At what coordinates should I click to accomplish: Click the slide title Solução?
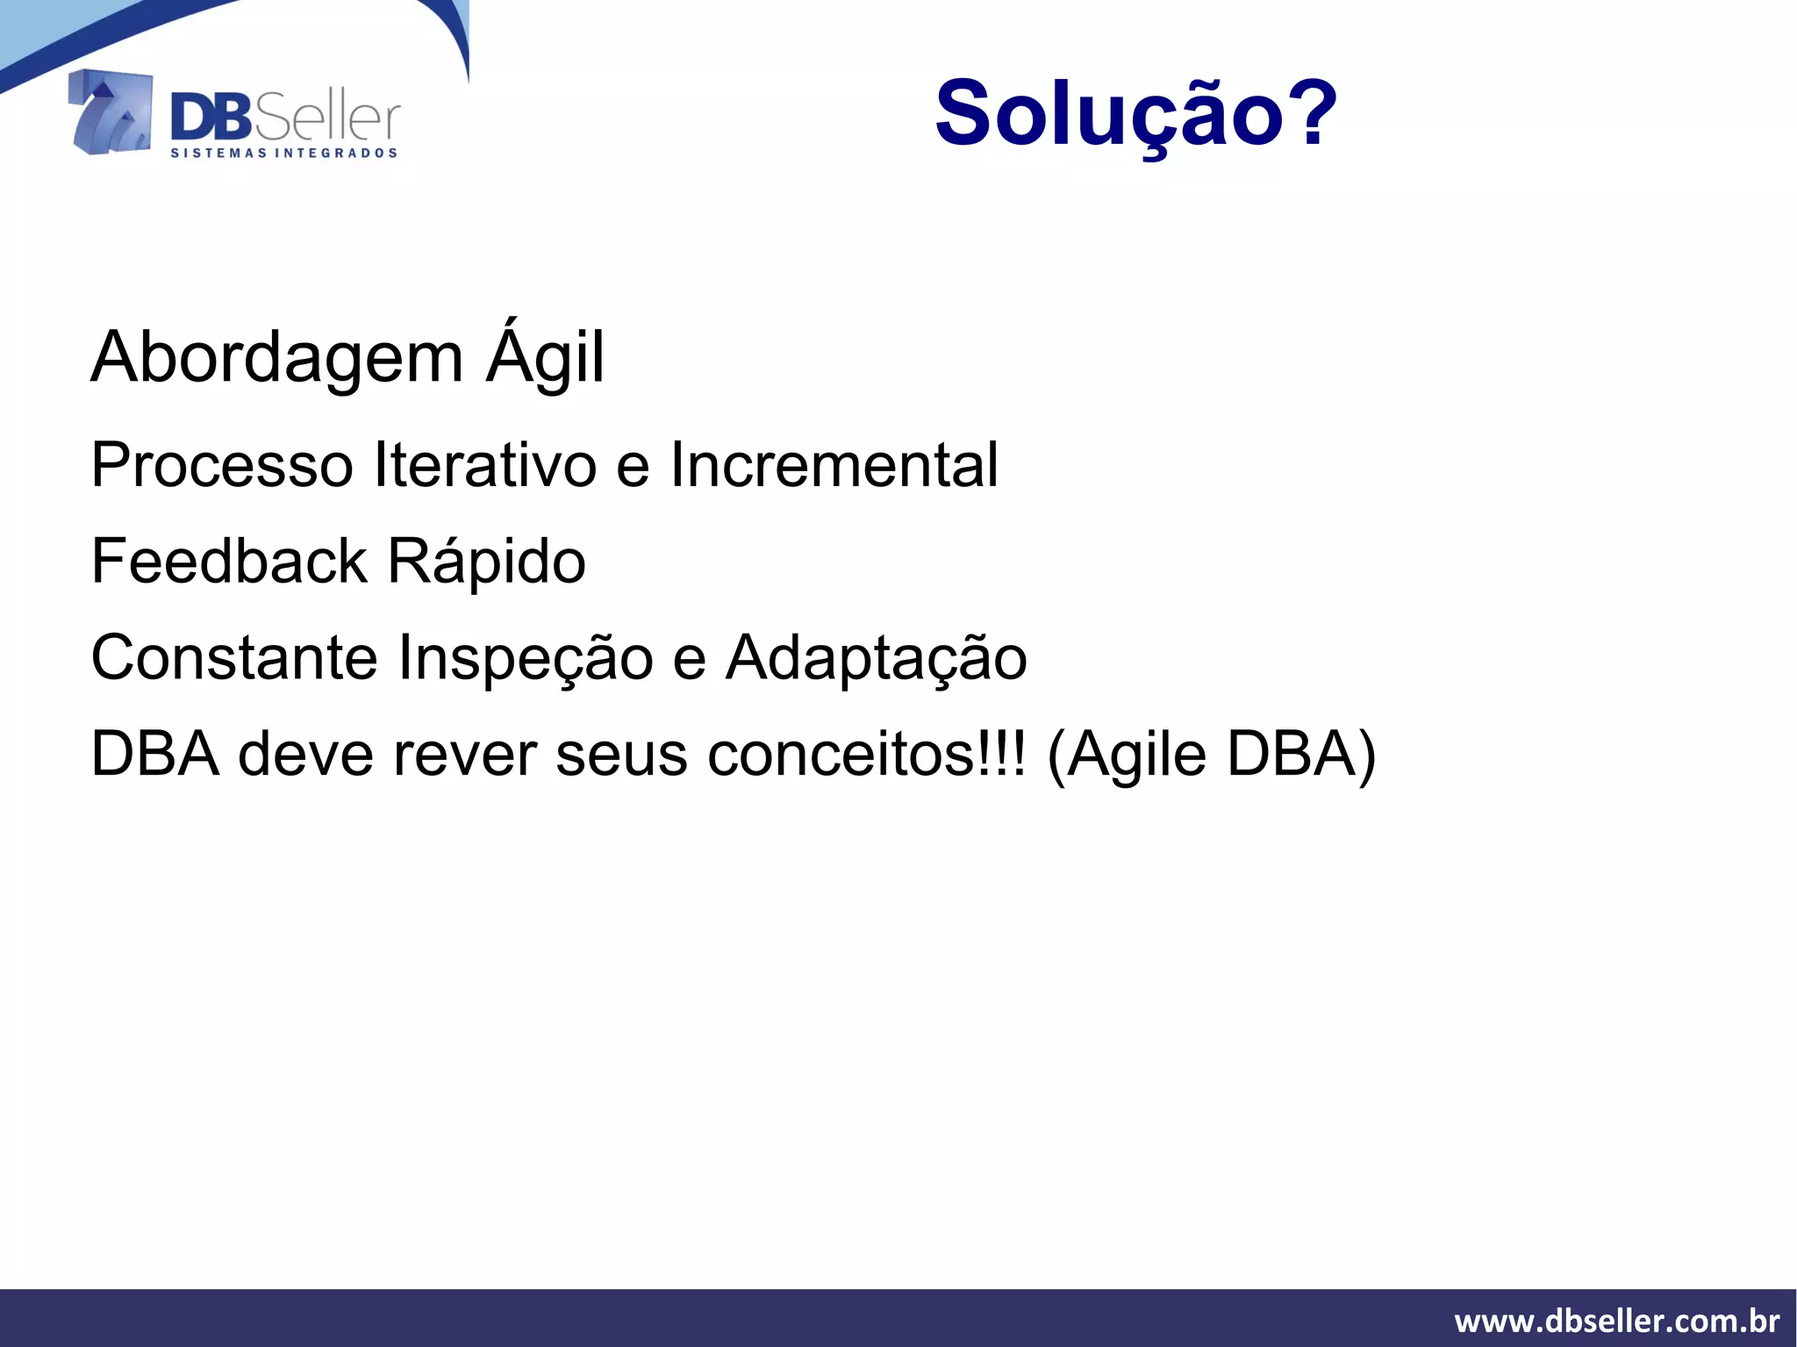[x=1135, y=114]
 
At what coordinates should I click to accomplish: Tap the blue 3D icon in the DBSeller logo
[x=111, y=112]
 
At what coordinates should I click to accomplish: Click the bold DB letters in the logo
[x=211, y=118]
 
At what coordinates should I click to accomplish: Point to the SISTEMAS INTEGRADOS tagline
[x=283, y=154]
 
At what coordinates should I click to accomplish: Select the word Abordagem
[x=276, y=358]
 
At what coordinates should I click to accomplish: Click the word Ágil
[x=545, y=358]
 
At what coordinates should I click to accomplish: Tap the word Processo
[x=221, y=465]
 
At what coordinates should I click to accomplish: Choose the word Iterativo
[x=485, y=465]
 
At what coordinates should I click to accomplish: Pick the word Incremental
[x=834, y=465]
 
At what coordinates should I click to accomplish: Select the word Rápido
[x=486, y=562]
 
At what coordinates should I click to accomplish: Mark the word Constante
[x=233, y=658]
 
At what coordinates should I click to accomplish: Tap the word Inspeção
[x=525, y=658]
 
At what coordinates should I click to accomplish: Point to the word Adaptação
[x=876, y=658]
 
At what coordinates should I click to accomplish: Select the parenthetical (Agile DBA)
[x=1211, y=755]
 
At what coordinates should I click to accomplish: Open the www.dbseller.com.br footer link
[x=1616, y=1321]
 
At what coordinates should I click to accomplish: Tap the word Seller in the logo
[x=326, y=118]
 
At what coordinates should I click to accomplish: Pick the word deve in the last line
[x=304, y=755]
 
